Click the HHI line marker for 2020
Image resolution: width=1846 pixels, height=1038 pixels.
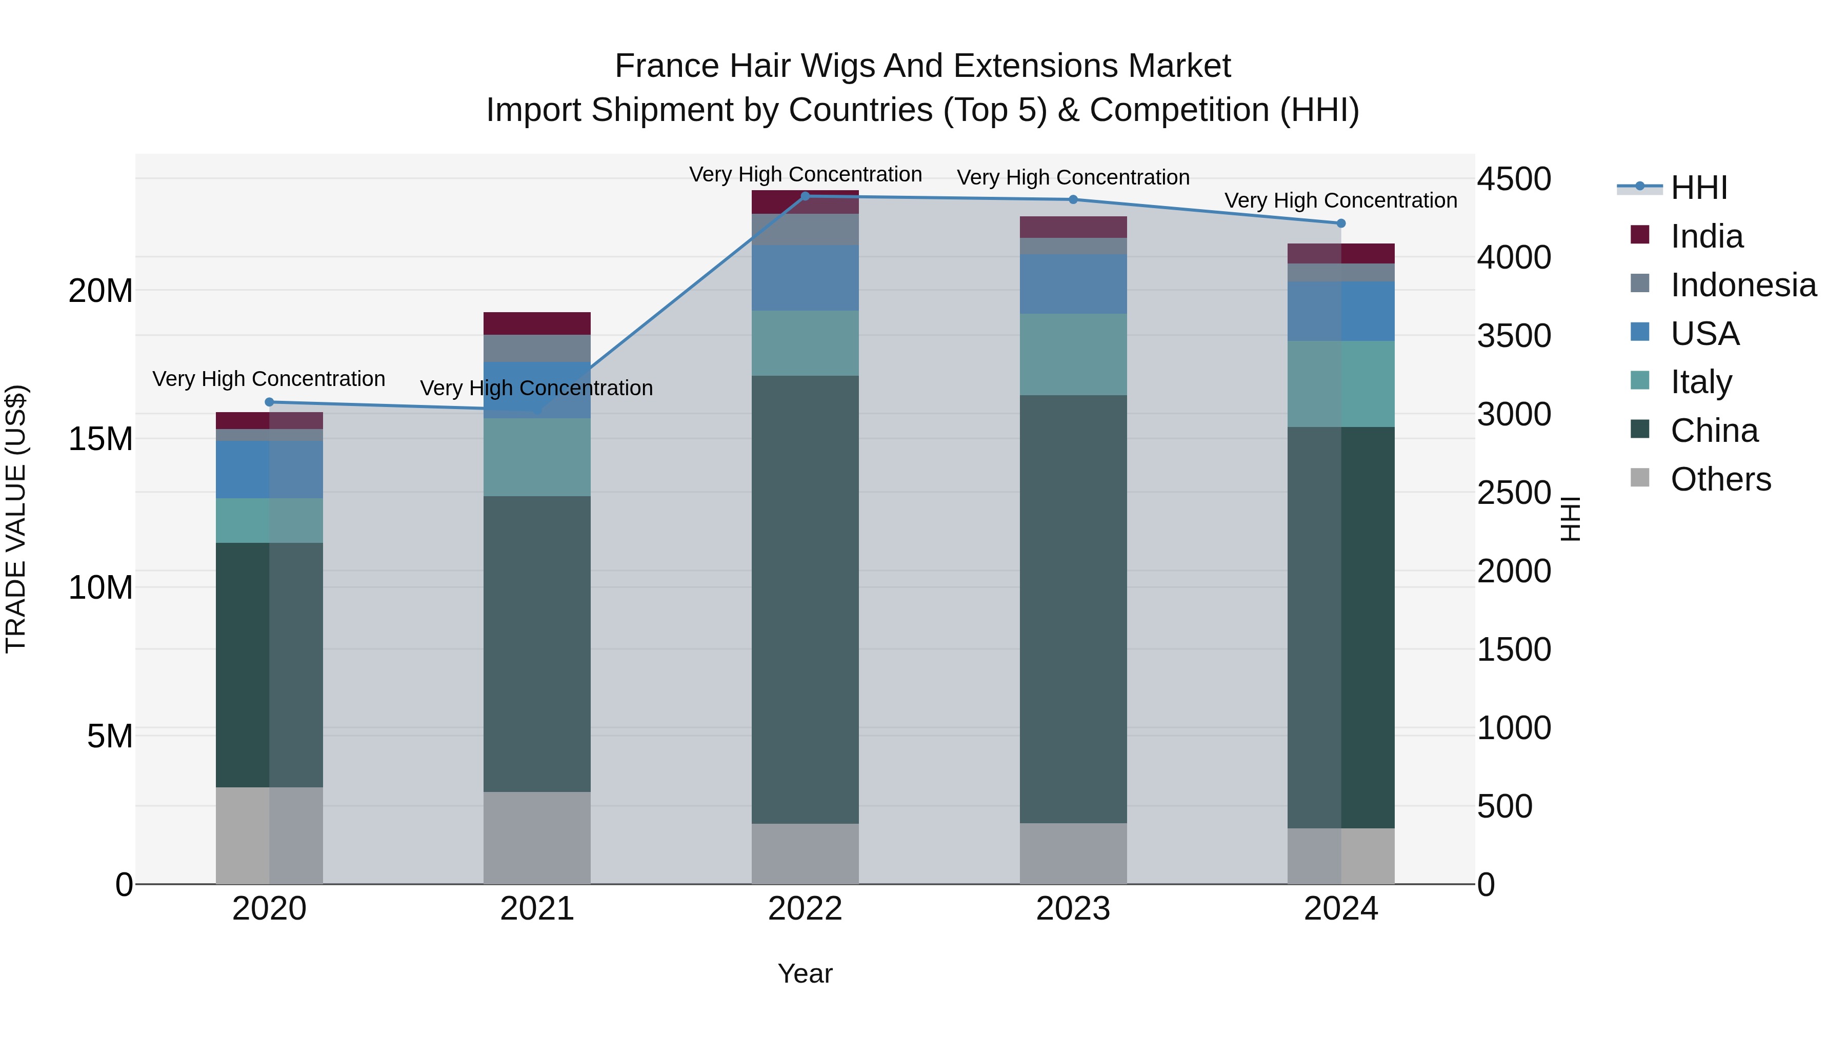[269, 402]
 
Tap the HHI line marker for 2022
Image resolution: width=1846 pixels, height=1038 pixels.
[805, 196]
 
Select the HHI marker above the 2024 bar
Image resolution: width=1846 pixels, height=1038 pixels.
[1341, 223]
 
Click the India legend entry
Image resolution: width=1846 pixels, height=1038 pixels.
[1706, 236]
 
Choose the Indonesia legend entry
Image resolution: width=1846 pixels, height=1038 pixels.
[1743, 285]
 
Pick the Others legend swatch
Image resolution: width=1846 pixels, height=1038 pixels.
[1640, 478]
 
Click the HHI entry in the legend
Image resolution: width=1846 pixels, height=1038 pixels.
[1698, 188]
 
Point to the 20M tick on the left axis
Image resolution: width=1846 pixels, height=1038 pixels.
[101, 291]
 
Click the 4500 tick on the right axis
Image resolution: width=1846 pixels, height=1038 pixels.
[1514, 179]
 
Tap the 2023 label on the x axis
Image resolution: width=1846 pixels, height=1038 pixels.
[1073, 909]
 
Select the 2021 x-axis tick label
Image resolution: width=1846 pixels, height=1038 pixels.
[537, 909]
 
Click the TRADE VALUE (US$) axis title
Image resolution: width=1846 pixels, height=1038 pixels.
[16, 519]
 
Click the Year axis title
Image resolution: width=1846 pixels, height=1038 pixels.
[805, 973]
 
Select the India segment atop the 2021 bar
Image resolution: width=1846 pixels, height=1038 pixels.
[537, 323]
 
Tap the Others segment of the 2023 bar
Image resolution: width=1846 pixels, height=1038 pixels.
[1073, 853]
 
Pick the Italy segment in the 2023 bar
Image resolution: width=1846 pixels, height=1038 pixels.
[1073, 354]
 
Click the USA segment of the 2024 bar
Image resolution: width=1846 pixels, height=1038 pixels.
[1341, 311]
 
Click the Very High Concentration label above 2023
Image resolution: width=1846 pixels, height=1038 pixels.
[1073, 177]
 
